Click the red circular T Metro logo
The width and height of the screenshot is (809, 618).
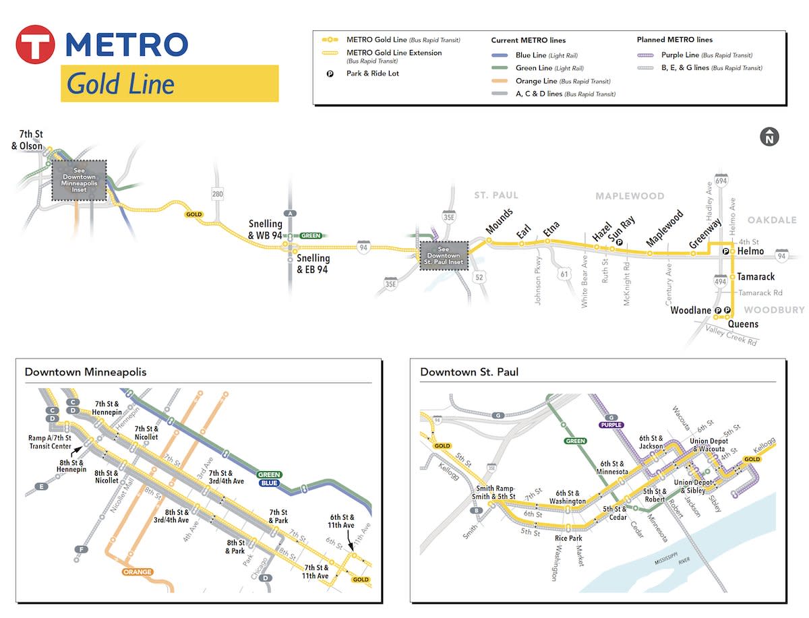click(x=35, y=44)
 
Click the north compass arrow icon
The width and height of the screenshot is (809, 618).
click(x=769, y=137)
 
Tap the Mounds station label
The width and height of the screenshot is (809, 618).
click(x=500, y=222)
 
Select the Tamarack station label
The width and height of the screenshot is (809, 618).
click(x=756, y=276)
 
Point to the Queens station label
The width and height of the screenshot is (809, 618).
click(x=742, y=324)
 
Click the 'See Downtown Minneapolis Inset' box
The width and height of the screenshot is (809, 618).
click(x=80, y=181)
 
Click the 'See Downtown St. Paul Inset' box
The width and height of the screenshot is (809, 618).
click(x=444, y=255)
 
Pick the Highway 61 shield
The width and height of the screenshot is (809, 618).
click(x=564, y=274)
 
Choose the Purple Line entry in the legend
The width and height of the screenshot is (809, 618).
click(x=694, y=55)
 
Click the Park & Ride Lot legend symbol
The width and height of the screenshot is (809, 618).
click(x=330, y=73)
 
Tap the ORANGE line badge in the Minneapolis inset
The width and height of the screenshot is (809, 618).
click(x=138, y=572)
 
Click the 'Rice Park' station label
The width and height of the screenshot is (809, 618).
click(x=568, y=538)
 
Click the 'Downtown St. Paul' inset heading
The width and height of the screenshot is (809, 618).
click(x=469, y=372)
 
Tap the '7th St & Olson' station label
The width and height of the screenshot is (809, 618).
click(x=27, y=140)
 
